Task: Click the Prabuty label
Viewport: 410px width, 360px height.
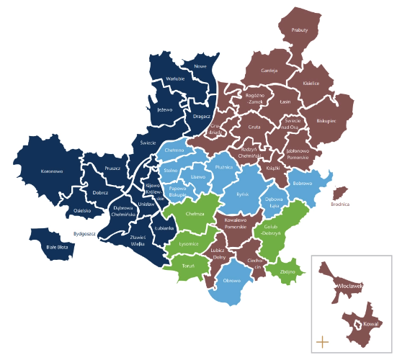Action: [x=300, y=31]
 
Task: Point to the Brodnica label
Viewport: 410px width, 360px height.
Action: [x=340, y=204]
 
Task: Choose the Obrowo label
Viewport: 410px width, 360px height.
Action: [x=231, y=280]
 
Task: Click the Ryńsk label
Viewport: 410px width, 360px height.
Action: [x=242, y=194]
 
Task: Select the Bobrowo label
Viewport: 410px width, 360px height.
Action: [x=302, y=184]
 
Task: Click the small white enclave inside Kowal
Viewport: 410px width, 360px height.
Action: [x=355, y=328]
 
